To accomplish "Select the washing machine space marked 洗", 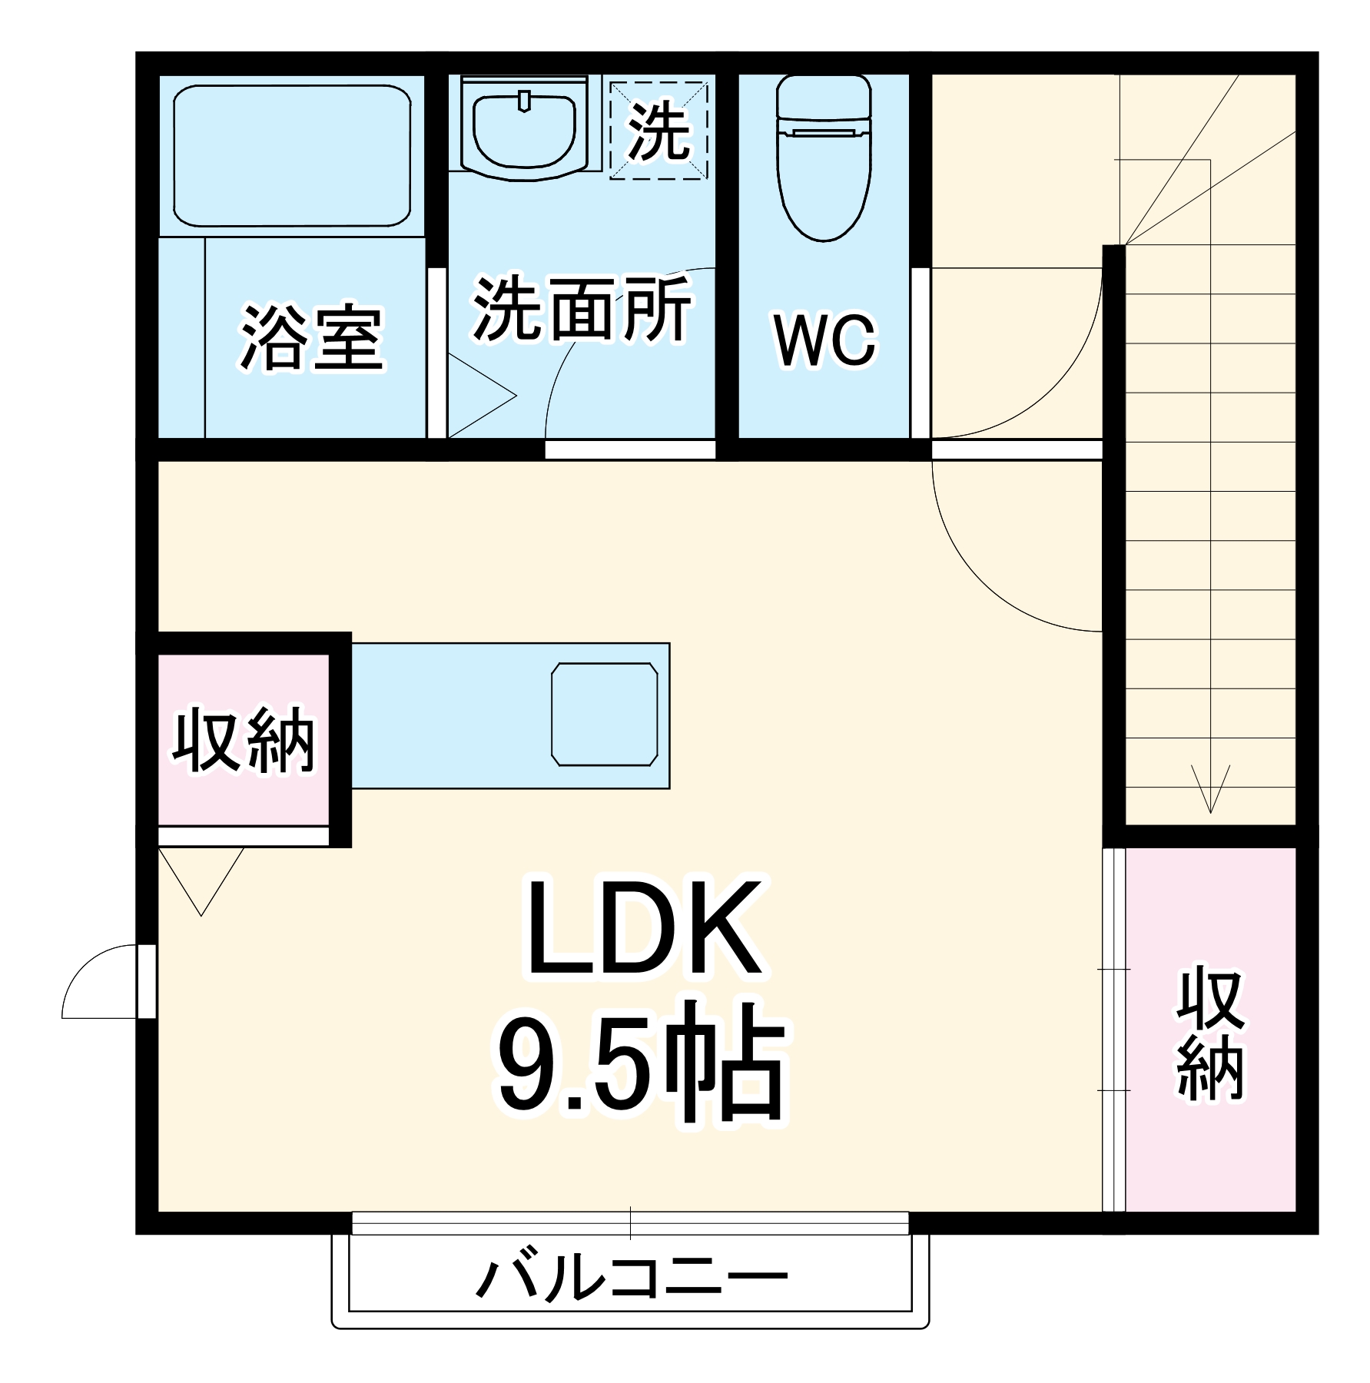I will (658, 131).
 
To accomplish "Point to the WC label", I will (824, 340).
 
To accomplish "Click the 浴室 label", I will (311, 338).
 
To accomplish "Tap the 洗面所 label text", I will (582, 309).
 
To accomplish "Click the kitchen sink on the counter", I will (605, 715).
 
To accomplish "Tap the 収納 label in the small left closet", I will (244, 741).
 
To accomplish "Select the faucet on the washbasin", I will (525, 101).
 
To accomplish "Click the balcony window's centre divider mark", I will (631, 1222).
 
